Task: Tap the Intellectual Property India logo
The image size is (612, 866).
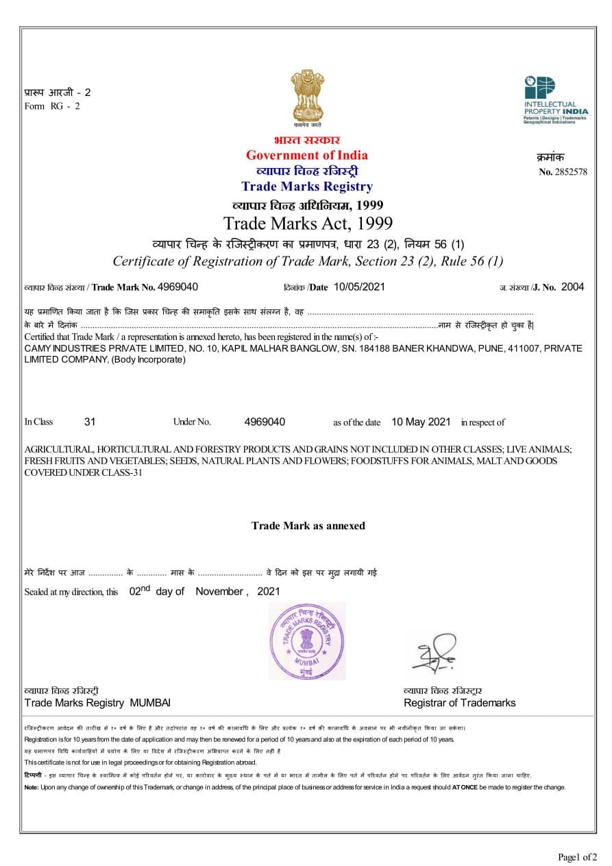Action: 556,99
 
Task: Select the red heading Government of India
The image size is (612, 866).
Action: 306,155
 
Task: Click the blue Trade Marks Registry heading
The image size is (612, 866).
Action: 306,187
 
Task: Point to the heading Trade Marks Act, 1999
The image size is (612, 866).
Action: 308,224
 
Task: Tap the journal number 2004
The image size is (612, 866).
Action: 572,287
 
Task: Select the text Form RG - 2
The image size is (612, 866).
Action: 52,106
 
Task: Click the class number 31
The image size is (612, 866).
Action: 90,422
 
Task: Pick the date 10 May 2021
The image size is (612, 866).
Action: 421,422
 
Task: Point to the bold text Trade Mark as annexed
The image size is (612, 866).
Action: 308,526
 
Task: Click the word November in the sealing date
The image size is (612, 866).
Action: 219,591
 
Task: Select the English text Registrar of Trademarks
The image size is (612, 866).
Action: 459,703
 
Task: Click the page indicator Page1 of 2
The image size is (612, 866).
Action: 577,856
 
